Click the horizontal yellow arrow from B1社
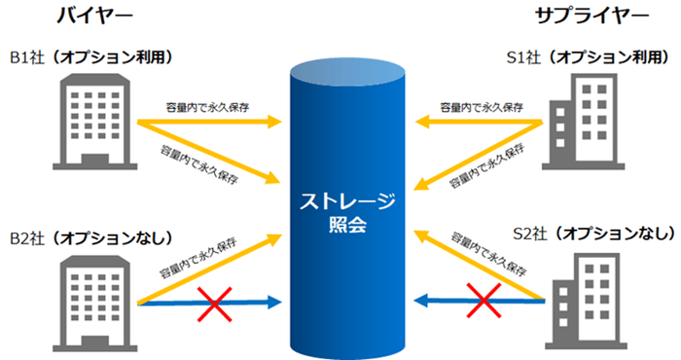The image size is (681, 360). (x=209, y=123)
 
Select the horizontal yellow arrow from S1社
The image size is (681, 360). (x=477, y=123)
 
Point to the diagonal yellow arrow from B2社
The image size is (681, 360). (x=209, y=269)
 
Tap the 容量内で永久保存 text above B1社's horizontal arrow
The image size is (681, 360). (x=207, y=107)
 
